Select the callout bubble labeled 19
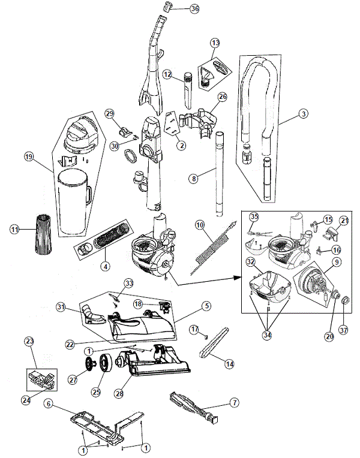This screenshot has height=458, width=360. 29,157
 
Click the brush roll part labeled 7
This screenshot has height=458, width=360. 192,406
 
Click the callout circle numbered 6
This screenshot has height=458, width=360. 49,405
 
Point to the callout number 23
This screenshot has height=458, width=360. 29,342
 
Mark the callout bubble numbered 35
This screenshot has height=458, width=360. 254,217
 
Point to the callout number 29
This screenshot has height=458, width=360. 109,113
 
